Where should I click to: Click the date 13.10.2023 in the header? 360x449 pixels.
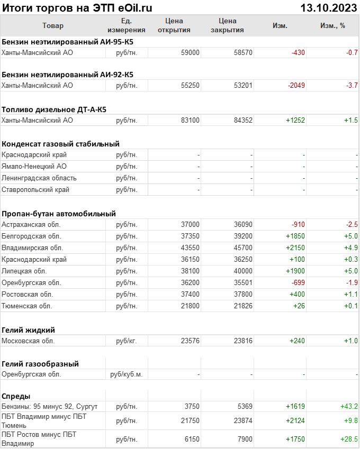coord(328,8)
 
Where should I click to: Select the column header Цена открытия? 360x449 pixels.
coord(174,25)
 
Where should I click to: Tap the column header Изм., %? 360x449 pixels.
coord(332,25)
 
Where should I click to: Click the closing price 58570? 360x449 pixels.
coord(243,53)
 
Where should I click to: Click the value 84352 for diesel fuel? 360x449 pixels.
coord(243,120)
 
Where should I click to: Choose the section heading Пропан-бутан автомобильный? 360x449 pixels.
coord(59,214)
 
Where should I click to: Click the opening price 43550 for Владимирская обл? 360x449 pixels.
coord(190,248)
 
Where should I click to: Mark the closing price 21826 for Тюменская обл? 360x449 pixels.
coord(243,306)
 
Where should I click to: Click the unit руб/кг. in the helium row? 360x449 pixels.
coord(126,341)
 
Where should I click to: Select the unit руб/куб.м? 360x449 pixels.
coord(126,374)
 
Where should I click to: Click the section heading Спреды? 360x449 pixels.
coord(16,396)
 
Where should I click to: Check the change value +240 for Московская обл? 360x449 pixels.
coord(296,341)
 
